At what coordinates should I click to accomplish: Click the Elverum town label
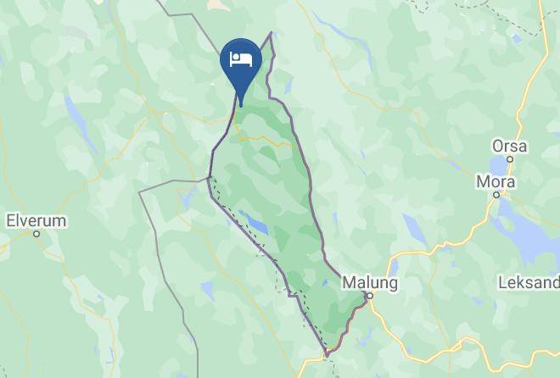36,220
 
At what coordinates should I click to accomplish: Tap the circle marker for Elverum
36,233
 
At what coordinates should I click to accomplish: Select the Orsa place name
509,146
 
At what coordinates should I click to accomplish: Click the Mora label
496,181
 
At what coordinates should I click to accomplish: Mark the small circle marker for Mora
497,194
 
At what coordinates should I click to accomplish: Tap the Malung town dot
369,295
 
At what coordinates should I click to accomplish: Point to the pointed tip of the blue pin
241,105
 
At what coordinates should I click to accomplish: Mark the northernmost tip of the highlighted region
272,33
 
